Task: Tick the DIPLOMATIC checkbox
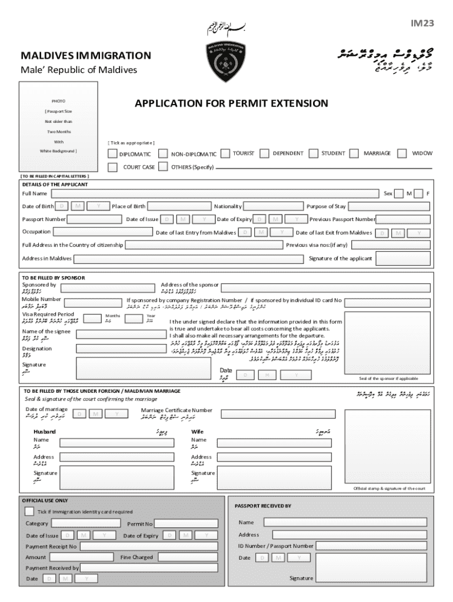[112, 153]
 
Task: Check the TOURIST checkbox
[225, 153]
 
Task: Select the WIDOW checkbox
[402, 153]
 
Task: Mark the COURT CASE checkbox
[112, 168]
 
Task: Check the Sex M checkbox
[399, 193]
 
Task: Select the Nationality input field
[273, 206]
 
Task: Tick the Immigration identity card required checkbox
[29, 511]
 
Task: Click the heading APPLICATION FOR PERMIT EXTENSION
[231, 103]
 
